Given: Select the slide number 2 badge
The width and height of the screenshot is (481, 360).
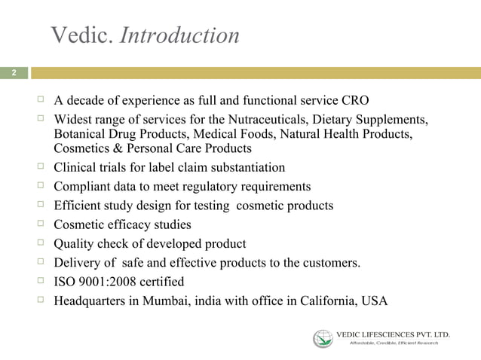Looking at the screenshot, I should pyautogui.click(x=13, y=73).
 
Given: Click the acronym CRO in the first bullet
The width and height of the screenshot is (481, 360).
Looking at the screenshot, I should pyautogui.click(x=355, y=101).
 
